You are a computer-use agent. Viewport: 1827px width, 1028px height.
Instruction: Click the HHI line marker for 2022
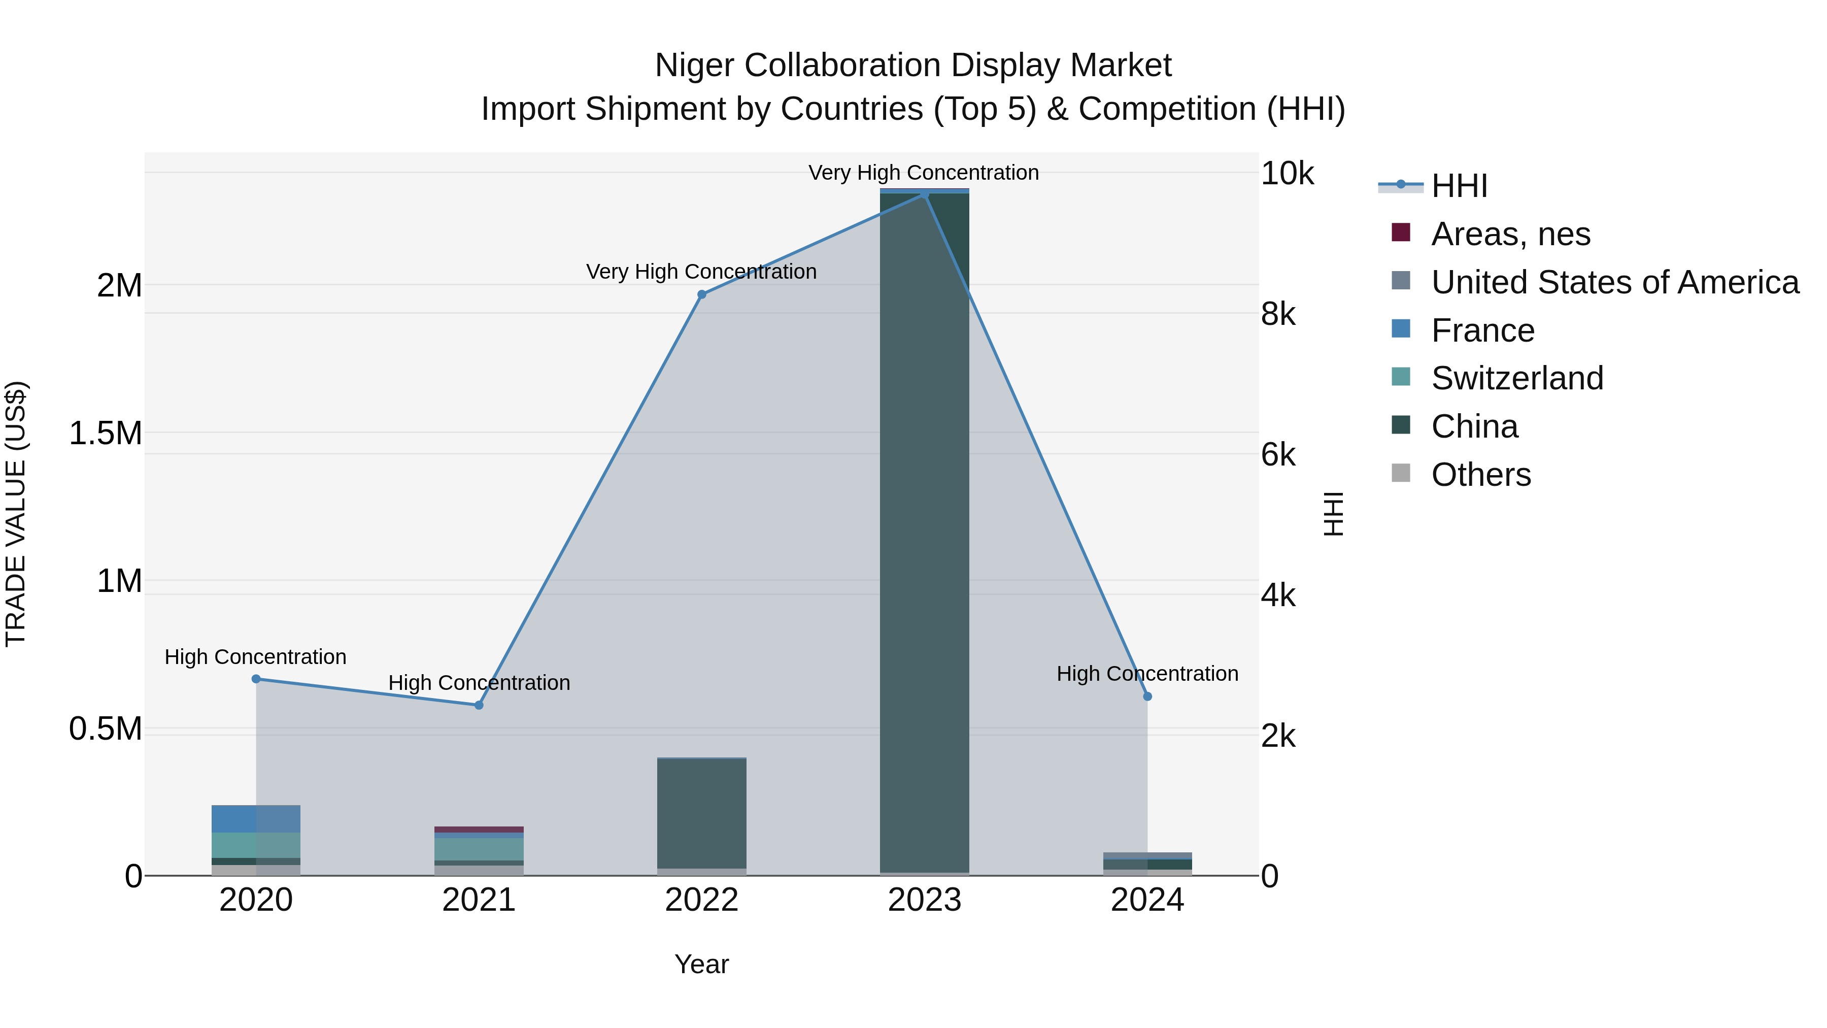701,294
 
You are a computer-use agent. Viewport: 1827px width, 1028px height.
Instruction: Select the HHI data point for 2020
256,679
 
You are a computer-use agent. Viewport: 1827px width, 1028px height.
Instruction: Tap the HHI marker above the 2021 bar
479,705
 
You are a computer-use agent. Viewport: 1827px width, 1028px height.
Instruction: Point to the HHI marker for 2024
1147,697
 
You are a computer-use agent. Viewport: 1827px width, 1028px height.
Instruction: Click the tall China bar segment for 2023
924,532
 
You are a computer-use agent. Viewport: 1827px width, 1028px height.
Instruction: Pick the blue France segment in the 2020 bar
256,819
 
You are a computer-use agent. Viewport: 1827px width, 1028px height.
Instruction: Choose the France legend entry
1482,330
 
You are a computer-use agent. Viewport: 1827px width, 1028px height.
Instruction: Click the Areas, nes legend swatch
1401,233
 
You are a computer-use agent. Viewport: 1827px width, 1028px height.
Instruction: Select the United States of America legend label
1615,282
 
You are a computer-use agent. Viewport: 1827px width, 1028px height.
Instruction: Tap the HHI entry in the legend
1459,186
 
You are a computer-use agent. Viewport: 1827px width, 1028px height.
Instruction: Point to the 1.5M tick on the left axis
105,433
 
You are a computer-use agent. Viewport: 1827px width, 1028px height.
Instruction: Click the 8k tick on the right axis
1278,314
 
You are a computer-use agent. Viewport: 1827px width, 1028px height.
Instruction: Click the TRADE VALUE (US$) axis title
16,514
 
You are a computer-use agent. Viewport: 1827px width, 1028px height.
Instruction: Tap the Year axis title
701,964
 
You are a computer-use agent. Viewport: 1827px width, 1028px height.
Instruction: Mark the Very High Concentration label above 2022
701,272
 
